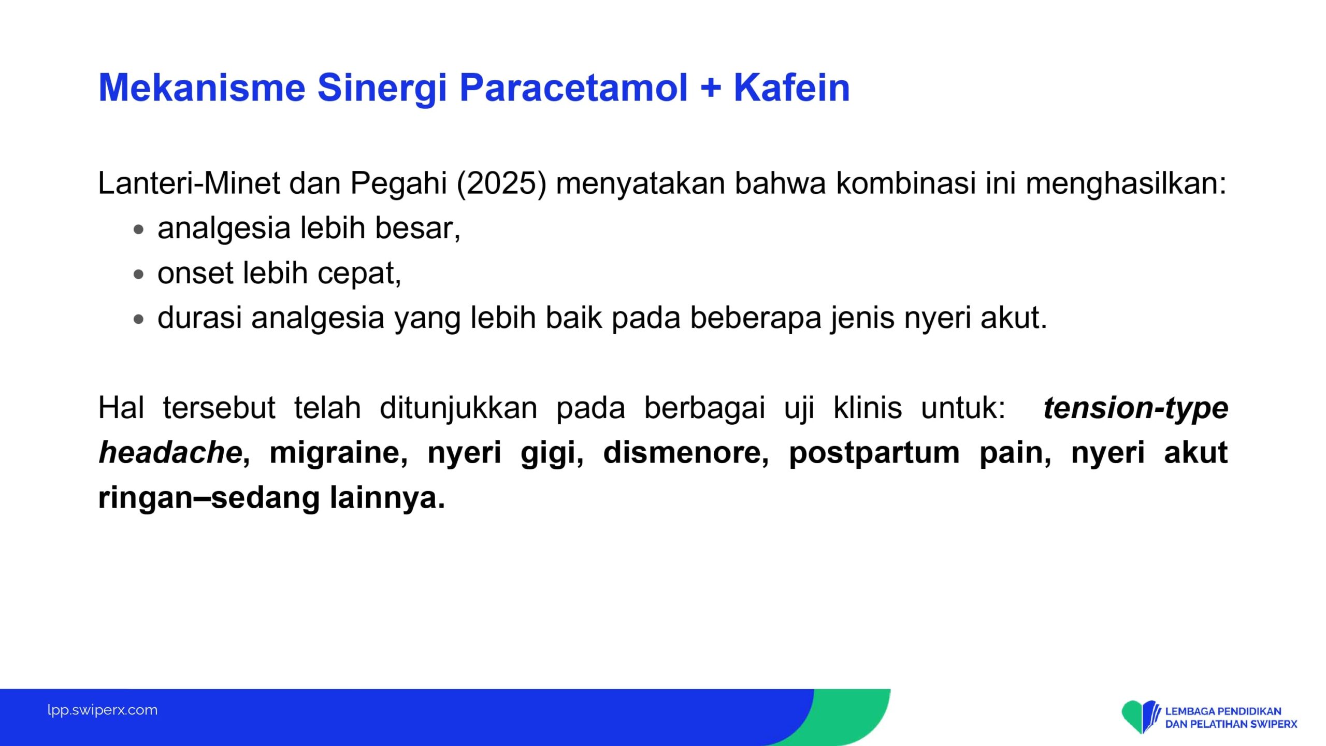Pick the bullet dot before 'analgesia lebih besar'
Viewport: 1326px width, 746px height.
click(138, 229)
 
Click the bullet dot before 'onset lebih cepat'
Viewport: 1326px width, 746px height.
click(138, 274)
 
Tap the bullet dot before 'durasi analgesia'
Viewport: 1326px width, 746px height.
click(138, 319)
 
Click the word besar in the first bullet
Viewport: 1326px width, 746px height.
click(417, 228)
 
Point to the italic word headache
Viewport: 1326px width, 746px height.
click(170, 452)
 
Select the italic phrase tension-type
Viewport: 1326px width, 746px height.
click(1136, 408)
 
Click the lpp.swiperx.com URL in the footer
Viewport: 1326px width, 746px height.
click(103, 710)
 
